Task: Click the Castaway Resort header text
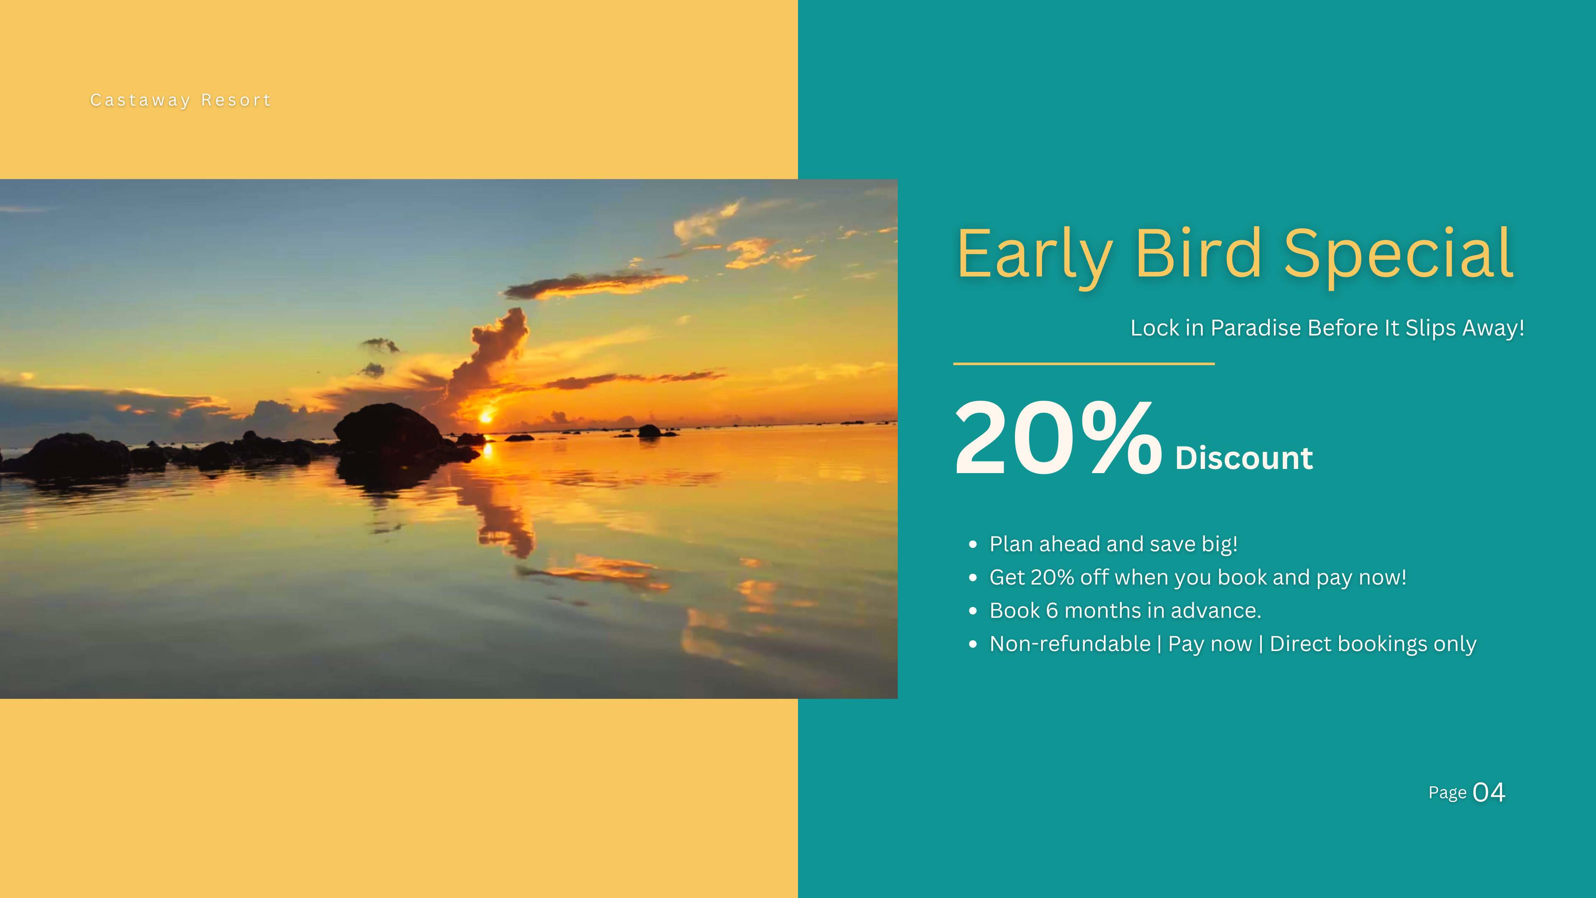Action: (180, 100)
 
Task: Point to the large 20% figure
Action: (1058, 437)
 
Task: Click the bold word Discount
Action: (1244, 458)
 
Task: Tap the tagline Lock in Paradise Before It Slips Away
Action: (1327, 328)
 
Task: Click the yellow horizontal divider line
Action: (1084, 364)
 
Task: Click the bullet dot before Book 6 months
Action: (973, 611)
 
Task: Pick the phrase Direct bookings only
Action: (1373, 644)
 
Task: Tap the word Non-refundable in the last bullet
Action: (1070, 644)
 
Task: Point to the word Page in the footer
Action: (1447, 793)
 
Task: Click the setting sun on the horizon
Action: (486, 417)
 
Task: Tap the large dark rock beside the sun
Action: (389, 428)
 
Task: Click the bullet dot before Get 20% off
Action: (973, 577)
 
